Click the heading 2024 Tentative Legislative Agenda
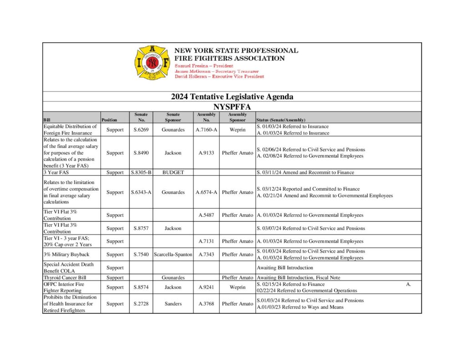click(232, 96)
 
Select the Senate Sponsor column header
click(173, 117)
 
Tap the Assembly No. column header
click(206, 117)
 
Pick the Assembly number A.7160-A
click(206, 130)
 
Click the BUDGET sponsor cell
click(173, 172)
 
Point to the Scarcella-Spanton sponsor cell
click(173, 254)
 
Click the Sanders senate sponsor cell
click(173, 304)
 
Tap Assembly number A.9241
click(206, 287)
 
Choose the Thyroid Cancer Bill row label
click(65, 277)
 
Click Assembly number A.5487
click(206, 215)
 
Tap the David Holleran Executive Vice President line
click(219, 76)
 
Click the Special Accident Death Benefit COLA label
click(70, 268)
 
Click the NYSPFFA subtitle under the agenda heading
click(232, 106)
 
